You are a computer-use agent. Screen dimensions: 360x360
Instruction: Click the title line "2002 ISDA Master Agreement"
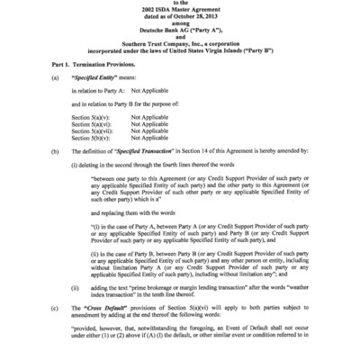[180, 9]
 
